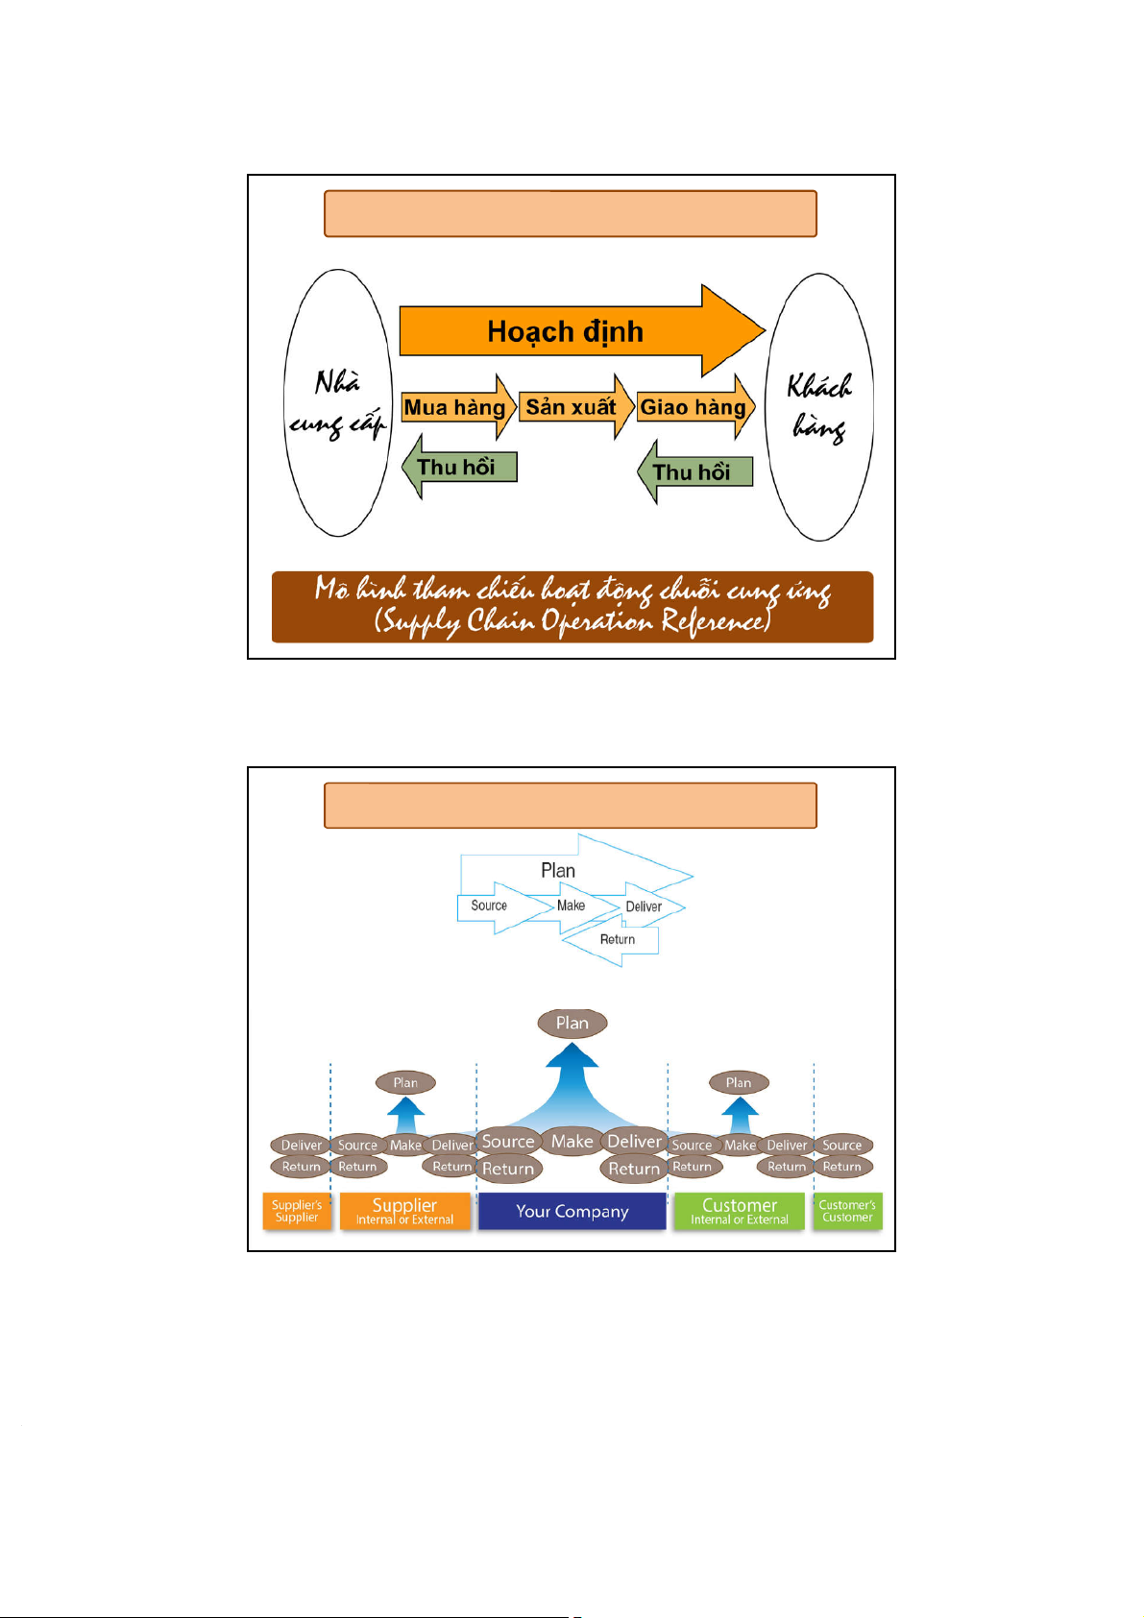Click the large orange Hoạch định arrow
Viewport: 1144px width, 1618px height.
(x=565, y=331)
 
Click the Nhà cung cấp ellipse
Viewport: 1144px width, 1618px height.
(x=337, y=403)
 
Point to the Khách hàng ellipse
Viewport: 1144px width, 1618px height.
(x=819, y=407)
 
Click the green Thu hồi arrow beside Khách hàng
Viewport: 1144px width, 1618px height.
(x=694, y=471)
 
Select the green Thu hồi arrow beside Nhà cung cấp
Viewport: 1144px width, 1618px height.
(x=459, y=468)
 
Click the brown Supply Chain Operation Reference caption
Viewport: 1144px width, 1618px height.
(x=572, y=607)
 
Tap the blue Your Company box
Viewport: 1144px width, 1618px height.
(x=572, y=1211)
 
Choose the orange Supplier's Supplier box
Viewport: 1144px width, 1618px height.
(x=297, y=1211)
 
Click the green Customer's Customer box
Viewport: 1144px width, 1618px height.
(x=847, y=1211)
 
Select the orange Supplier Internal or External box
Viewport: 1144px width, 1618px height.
(x=404, y=1211)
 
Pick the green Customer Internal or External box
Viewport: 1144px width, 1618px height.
(x=740, y=1211)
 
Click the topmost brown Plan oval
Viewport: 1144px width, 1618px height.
(x=572, y=1024)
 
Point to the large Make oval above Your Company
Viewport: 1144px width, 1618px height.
(x=572, y=1141)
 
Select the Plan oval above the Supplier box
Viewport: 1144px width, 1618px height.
(x=405, y=1083)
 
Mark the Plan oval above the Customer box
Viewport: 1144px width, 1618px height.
(x=739, y=1083)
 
